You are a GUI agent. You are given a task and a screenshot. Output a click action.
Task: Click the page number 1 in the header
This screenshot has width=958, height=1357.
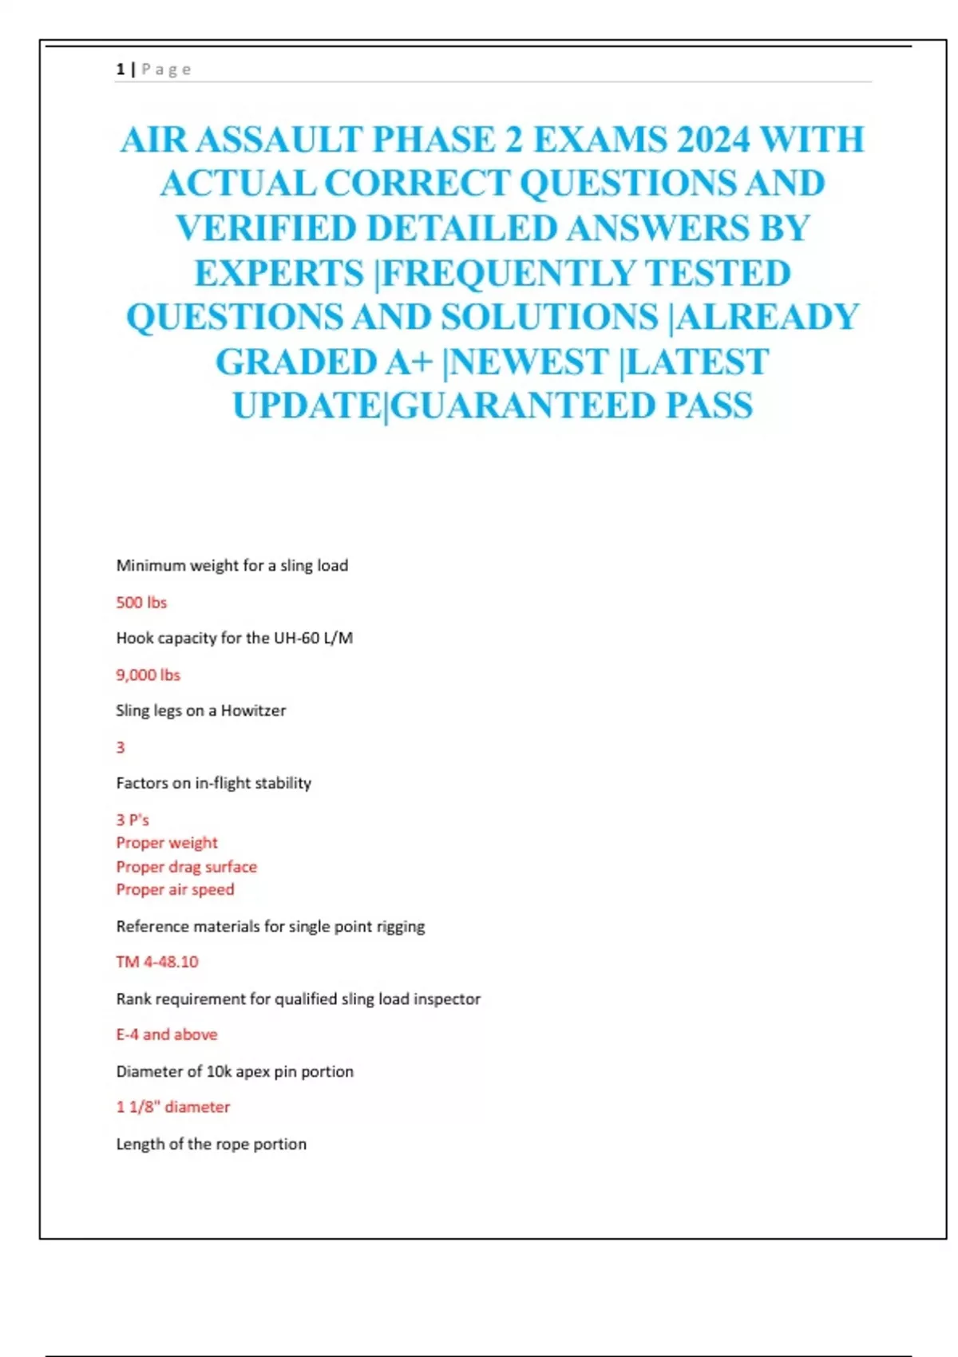121,69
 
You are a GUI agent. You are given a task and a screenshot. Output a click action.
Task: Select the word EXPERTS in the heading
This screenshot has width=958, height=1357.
279,274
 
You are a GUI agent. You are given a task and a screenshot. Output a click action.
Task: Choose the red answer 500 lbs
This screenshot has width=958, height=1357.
141,603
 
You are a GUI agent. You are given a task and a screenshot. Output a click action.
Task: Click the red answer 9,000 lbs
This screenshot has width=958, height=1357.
148,675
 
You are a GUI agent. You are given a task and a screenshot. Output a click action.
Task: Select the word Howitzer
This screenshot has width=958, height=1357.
253,710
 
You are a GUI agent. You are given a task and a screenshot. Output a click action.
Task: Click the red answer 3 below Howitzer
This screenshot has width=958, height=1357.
121,748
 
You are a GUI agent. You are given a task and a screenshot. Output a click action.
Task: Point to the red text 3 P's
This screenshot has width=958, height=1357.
133,820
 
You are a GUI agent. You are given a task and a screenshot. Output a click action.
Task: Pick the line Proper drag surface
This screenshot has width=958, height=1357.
187,867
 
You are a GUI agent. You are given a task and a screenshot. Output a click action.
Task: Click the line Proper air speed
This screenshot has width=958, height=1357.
176,890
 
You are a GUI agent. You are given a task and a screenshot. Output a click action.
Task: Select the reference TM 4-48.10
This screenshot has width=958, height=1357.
157,962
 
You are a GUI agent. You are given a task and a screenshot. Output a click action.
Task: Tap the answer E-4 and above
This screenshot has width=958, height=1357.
167,1035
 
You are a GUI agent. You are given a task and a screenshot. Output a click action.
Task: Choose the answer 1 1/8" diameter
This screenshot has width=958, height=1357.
173,1107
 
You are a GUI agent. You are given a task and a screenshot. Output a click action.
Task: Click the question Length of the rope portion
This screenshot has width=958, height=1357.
212,1144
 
